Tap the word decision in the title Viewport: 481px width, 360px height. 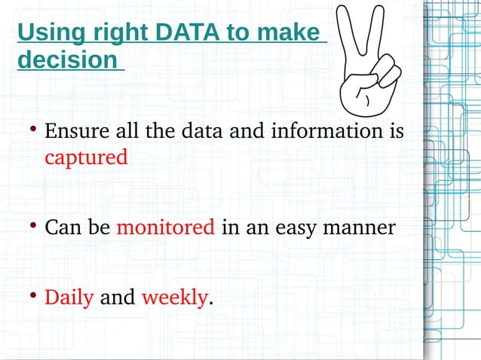(x=67, y=60)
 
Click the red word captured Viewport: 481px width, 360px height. (x=86, y=158)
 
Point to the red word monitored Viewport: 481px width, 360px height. (x=166, y=227)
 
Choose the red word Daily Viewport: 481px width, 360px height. (x=69, y=297)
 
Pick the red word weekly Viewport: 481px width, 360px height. (x=174, y=297)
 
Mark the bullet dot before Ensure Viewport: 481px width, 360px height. (x=33, y=131)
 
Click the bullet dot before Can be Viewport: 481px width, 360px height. (x=33, y=226)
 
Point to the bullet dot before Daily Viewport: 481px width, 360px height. (x=33, y=297)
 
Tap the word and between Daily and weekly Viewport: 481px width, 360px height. (x=118, y=297)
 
